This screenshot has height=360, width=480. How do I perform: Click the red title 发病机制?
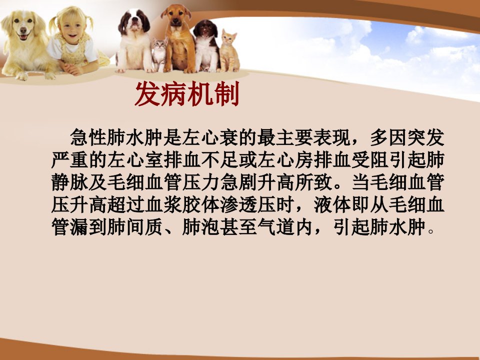click(x=186, y=94)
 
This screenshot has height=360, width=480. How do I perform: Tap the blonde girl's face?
click(x=71, y=28)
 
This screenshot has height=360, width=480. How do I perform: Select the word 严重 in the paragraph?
click(x=70, y=159)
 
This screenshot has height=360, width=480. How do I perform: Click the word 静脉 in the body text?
click(x=70, y=182)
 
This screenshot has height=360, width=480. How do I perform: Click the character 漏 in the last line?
click(x=79, y=227)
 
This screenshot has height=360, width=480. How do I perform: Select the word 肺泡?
click(x=201, y=227)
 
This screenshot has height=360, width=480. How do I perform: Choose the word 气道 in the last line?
click(x=276, y=227)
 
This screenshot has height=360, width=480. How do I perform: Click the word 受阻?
click(x=370, y=159)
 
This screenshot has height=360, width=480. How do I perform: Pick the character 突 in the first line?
click(x=416, y=137)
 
